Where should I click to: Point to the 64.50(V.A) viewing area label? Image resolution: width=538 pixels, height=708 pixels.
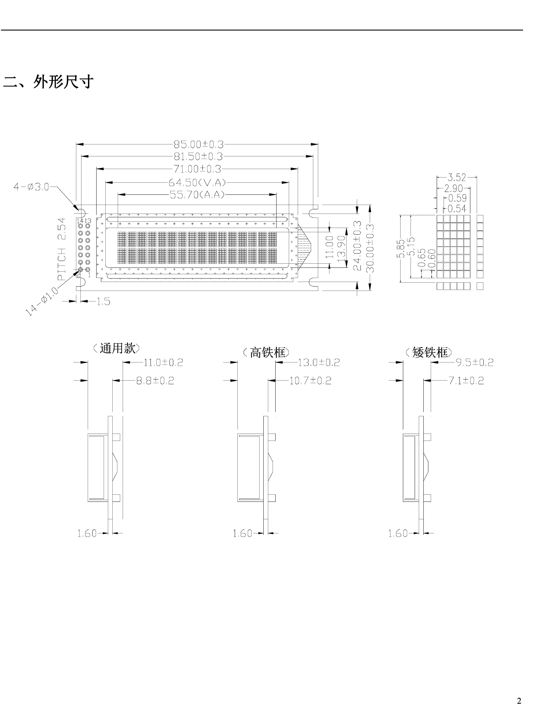tap(197, 183)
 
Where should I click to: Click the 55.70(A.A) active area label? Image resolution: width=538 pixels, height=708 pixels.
tap(197, 195)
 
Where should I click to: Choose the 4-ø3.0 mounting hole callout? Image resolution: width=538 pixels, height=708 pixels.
tap(31, 187)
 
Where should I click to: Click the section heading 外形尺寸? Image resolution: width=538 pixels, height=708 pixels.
tap(63, 82)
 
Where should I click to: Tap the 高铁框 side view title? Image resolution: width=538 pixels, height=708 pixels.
tap(267, 353)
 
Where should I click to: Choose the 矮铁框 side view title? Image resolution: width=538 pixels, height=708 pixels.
tap(430, 353)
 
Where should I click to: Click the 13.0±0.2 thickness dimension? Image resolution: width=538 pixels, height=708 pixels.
tap(319, 363)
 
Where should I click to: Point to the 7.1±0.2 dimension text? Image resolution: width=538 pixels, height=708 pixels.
tap(466, 381)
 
